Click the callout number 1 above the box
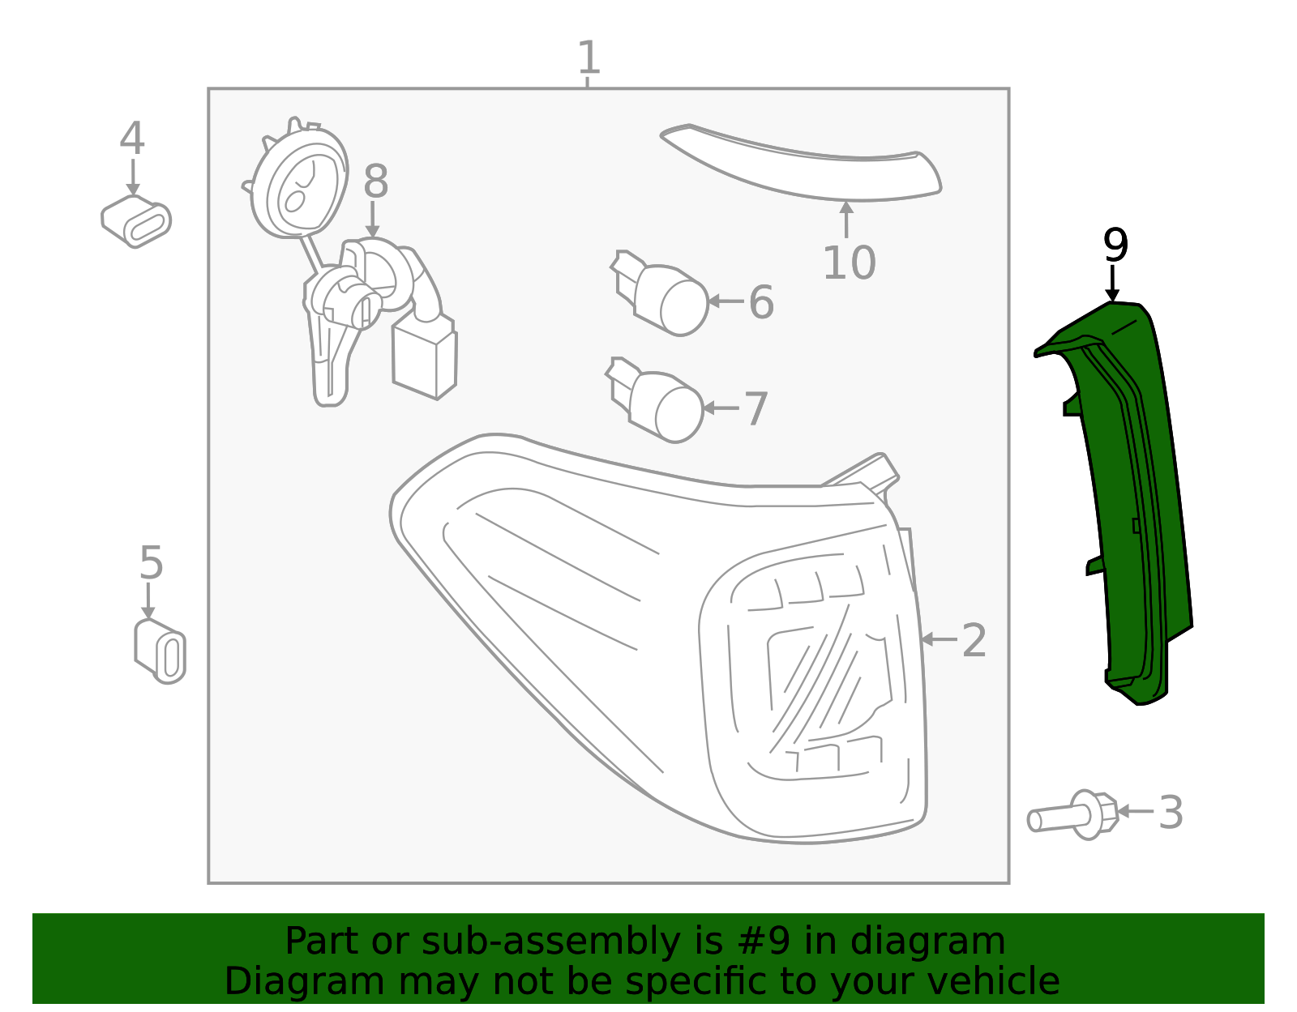tap(589, 58)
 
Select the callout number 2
tap(974, 640)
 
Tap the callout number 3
tap(1171, 812)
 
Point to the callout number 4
tap(132, 138)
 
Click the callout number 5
tap(151, 562)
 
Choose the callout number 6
tap(761, 301)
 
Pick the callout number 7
tap(756, 408)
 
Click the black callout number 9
tap(1115, 245)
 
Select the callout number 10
tap(849, 263)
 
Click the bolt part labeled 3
tap(1072, 814)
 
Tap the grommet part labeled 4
tap(136, 221)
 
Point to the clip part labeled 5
tap(160, 651)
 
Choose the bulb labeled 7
tap(655, 400)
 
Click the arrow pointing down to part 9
tap(1112, 284)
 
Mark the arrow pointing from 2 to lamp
tap(939, 640)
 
